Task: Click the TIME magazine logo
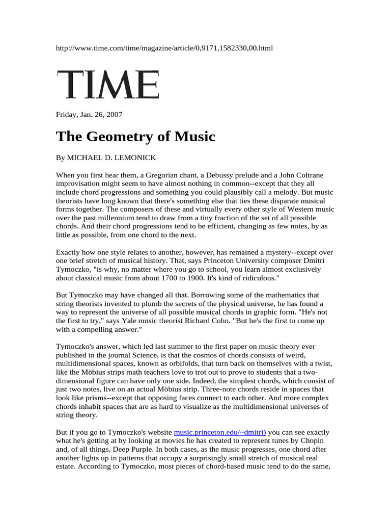[x=107, y=85]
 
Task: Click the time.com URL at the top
[x=164, y=48]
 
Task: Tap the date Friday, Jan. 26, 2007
[x=89, y=114]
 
